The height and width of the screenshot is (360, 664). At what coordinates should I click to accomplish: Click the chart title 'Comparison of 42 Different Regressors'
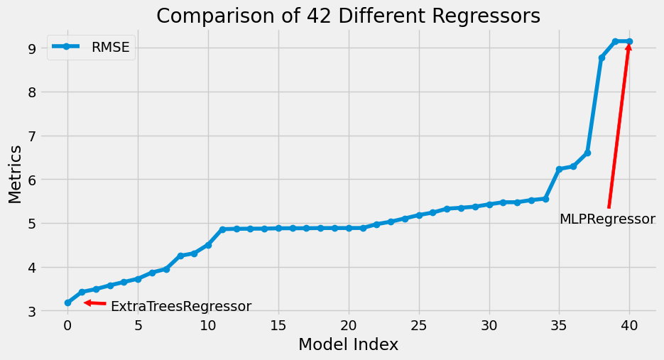[348, 16]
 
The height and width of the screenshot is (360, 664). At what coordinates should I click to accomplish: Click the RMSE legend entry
[90, 48]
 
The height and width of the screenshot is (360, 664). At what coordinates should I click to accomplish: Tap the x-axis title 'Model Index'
[348, 344]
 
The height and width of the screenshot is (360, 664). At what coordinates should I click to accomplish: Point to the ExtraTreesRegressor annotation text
[180, 307]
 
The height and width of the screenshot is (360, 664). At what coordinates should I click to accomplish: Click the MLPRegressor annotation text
[607, 219]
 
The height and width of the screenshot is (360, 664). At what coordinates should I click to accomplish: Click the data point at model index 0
[67, 302]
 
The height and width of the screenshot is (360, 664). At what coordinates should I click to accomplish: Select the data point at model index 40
[629, 42]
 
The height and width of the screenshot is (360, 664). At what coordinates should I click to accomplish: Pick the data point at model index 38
[602, 58]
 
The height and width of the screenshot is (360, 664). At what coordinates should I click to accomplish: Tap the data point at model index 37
[587, 153]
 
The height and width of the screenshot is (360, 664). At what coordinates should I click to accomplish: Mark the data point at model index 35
[559, 169]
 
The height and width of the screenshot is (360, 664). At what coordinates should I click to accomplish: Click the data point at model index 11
[222, 229]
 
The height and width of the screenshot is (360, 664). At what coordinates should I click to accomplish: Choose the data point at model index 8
[180, 256]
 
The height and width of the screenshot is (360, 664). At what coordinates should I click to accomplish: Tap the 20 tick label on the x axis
[348, 324]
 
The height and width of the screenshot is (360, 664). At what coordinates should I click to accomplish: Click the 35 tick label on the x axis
[559, 324]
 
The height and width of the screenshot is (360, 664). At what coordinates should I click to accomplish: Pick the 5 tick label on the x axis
[138, 324]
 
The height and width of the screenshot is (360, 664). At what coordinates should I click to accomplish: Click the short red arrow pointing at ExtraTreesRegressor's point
[95, 303]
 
